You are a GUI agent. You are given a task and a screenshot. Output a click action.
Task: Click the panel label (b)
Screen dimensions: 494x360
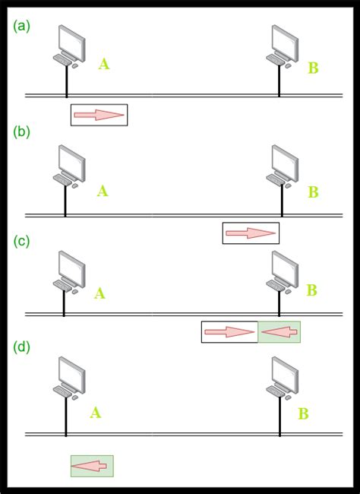(22, 132)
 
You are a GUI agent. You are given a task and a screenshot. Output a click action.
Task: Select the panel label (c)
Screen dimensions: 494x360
(22, 241)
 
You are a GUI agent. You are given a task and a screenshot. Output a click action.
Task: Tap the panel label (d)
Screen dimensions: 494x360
(22, 347)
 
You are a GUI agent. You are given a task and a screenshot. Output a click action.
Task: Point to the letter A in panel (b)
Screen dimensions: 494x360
(103, 192)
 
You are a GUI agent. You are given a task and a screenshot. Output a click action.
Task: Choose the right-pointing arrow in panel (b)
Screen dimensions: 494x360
(251, 233)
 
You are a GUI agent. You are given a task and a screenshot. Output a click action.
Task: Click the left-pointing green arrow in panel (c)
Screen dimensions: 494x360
(279, 332)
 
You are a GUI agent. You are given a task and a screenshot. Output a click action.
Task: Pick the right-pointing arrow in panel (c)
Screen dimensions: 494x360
(229, 332)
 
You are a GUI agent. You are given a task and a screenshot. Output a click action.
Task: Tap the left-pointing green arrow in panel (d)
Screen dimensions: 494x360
(92, 466)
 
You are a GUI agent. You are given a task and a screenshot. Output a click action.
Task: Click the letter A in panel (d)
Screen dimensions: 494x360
(95, 413)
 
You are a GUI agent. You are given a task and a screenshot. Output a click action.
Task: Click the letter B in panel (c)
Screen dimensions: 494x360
(311, 290)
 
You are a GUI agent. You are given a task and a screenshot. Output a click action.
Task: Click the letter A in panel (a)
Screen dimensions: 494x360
(104, 65)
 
